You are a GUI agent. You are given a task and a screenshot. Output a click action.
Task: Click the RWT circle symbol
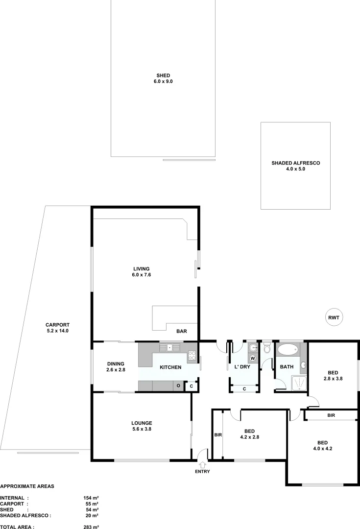tap(334, 317)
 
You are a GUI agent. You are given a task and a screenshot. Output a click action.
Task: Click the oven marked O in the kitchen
tap(178, 386)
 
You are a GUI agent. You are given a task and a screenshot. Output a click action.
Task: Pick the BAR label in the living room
tap(181, 332)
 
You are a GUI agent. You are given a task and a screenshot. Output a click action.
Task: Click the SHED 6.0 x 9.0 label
tap(163, 78)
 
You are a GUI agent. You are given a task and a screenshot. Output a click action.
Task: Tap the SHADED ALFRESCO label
tap(295, 166)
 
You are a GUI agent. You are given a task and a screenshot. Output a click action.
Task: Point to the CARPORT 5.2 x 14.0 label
tap(57, 328)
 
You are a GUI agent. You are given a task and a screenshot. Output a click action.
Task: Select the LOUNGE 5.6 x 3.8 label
tap(142, 426)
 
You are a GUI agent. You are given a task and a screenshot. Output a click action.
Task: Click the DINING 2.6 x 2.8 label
tap(116, 366)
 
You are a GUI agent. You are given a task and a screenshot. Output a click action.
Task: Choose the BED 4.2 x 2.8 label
tap(249, 434)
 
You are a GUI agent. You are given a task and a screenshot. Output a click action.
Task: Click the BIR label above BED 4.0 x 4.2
tap(331, 415)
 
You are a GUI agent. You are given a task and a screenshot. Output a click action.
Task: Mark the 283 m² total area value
tap(91, 527)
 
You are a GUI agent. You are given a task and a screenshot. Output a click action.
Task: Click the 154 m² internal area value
tap(91, 498)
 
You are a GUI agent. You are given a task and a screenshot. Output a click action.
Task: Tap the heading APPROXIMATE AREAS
tap(27, 486)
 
